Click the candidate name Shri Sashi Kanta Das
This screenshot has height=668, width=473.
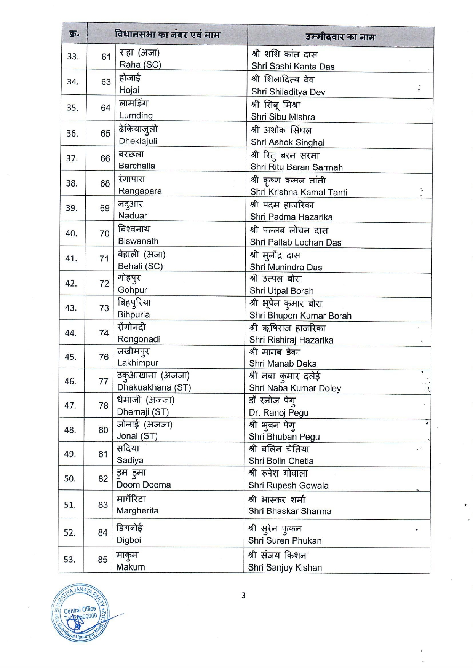tap(293, 66)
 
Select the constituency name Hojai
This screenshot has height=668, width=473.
tap(129, 90)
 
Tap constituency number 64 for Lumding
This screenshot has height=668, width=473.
tap(105, 108)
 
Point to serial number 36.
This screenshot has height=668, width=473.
tap(72, 134)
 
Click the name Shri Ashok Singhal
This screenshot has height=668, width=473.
tap(288, 142)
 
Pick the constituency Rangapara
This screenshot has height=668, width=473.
tap(140, 191)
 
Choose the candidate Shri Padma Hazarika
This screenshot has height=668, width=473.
tap(291, 217)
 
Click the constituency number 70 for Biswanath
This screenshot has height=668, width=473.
tap(105, 234)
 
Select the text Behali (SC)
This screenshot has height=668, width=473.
tap(140, 266)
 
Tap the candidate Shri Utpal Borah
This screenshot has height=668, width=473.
tap(282, 291)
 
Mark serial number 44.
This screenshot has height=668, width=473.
tap(71, 333)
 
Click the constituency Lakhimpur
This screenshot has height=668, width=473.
tap(137, 363)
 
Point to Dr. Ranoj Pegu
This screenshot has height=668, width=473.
tap(279, 413)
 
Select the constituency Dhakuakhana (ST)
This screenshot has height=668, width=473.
tap(154, 387)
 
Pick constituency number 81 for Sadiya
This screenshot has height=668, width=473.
tap(103, 454)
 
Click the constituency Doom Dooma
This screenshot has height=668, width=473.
tap(144, 485)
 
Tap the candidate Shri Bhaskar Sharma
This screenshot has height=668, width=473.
tap(290, 511)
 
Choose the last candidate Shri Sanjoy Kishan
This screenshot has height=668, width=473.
tap(285, 568)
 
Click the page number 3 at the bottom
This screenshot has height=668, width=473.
tap(243, 595)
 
